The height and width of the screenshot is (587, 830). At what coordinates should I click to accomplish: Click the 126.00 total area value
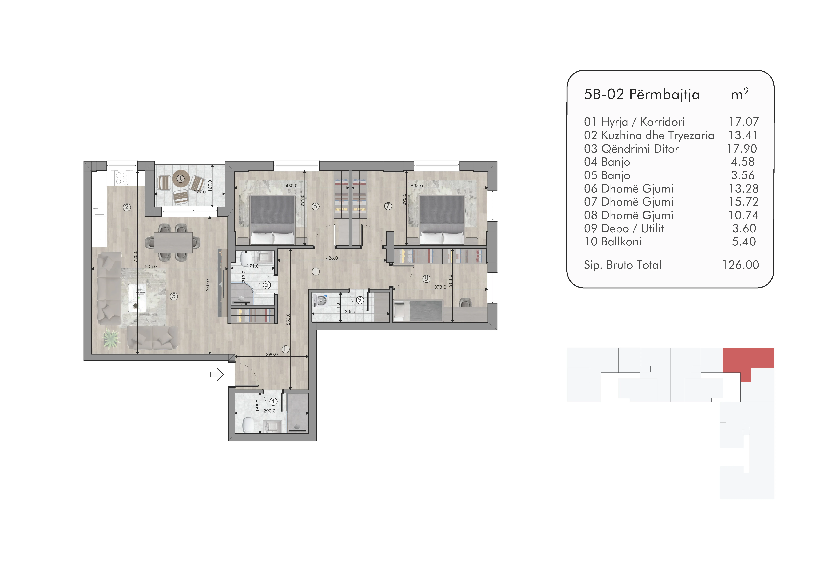740,265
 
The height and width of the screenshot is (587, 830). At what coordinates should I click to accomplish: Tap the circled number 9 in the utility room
360,300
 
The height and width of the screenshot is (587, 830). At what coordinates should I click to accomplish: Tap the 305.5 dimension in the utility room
351,312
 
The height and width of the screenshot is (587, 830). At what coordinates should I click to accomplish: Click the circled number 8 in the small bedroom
426,279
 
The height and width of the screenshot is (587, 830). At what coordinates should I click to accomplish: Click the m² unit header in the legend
740,94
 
